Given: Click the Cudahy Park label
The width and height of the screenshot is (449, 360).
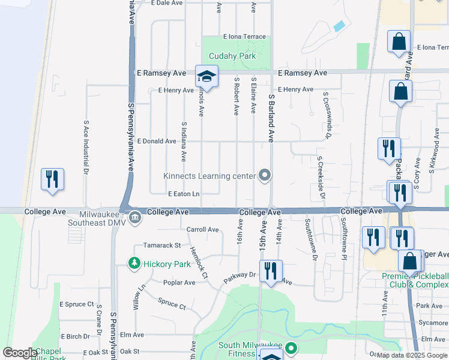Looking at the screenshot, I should [x=232, y=56].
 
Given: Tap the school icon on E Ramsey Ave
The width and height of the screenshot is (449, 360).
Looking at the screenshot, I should [x=206, y=77].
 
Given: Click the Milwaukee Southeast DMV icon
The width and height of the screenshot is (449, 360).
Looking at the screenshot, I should [x=135, y=217].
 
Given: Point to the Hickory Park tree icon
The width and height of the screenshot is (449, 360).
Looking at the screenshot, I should [x=134, y=263].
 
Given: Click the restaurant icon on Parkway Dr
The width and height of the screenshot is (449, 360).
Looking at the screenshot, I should [x=271, y=271].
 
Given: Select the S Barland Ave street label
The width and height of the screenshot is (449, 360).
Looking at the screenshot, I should [x=271, y=118].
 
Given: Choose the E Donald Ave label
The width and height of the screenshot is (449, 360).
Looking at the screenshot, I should [x=157, y=142].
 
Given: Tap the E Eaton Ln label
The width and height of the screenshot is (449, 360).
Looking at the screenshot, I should [x=183, y=194].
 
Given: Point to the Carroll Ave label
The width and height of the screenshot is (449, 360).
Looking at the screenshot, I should [x=202, y=229].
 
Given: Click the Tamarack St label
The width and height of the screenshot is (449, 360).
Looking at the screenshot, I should [x=161, y=245].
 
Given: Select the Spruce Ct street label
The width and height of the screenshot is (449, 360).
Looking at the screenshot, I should [x=172, y=304].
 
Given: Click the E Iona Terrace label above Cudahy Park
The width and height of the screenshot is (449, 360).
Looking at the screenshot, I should [x=244, y=37].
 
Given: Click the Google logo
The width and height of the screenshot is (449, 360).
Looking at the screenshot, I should [x=20, y=353].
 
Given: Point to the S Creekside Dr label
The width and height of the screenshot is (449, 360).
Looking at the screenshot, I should [x=321, y=178].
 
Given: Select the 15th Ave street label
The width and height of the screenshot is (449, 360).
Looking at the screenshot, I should [x=262, y=239].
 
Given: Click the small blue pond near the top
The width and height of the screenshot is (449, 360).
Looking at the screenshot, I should [x=339, y=26].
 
